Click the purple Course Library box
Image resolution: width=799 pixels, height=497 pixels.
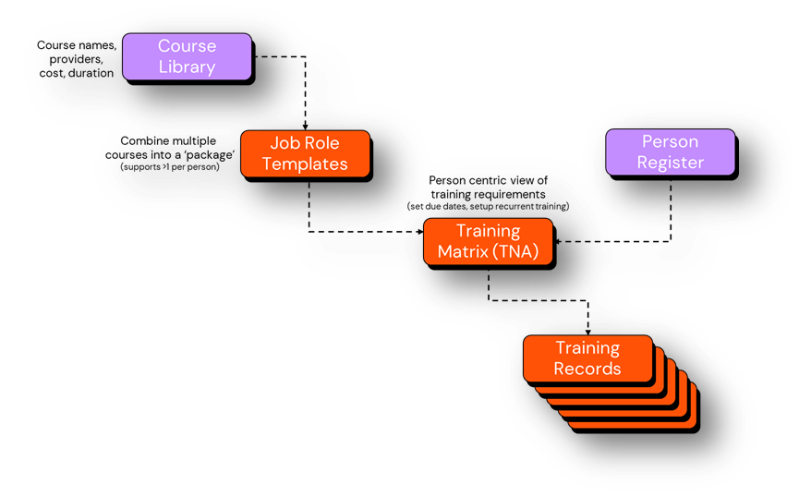(187, 56)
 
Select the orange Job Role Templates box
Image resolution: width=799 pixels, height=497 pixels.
(305, 153)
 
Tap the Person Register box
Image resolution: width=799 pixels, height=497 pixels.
(670, 152)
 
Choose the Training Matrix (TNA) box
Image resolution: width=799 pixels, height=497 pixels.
(488, 242)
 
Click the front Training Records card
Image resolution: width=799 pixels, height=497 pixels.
(587, 358)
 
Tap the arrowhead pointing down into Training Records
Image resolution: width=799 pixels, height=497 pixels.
(588, 331)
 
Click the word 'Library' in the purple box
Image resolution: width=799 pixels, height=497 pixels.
(187, 67)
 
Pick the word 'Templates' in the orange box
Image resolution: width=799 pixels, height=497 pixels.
(305, 164)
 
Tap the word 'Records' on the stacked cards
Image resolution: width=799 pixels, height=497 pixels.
(587, 369)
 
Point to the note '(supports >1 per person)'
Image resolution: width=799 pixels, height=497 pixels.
(170, 166)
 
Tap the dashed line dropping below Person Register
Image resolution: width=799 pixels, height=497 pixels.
(670, 208)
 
